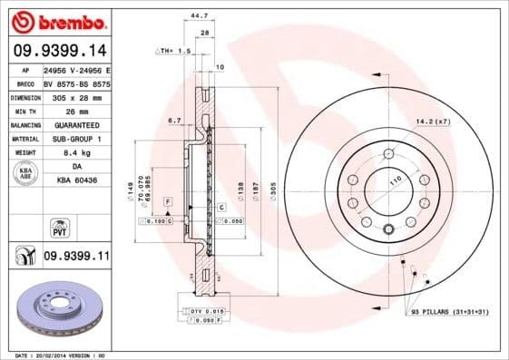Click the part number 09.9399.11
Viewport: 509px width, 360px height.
click(x=76, y=257)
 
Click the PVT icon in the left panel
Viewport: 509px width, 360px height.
click(x=57, y=227)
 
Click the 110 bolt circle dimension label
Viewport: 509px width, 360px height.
click(x=394, y=181)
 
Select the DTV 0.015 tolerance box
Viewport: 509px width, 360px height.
click(x=208, y=311)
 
